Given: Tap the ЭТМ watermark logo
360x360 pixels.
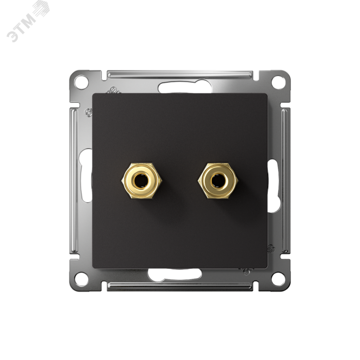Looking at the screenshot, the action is coord(27,21).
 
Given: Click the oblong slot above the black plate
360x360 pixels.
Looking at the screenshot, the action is coord(185,87).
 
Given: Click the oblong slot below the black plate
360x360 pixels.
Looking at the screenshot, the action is coord(175,274).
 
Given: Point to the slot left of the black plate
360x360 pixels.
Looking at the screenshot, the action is coord(85,175).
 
